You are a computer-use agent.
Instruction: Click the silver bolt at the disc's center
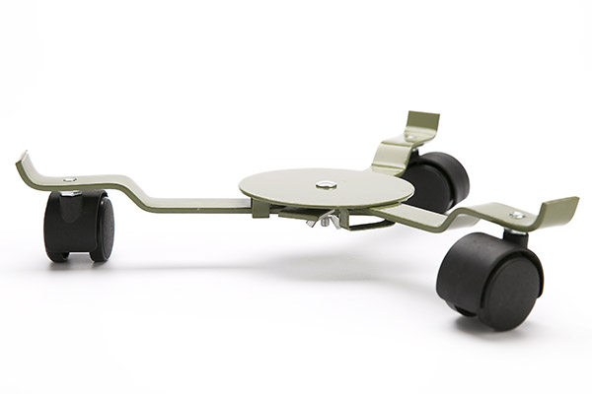click(x=326, y=183)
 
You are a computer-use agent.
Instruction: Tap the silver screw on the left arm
click(x=68, y=179)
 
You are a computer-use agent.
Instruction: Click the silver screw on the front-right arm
click(x=516, y=214)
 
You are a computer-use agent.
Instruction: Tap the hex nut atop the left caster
click(x=70, y=192)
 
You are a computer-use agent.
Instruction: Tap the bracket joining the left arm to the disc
click(x=259, y=208)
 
